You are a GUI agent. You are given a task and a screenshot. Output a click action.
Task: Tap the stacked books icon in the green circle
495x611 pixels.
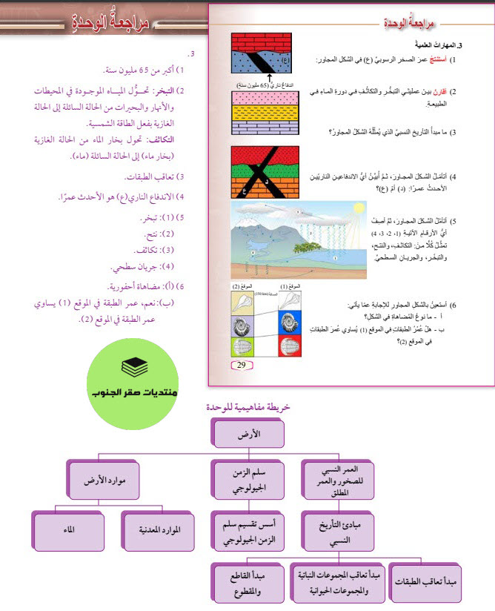[134, 366]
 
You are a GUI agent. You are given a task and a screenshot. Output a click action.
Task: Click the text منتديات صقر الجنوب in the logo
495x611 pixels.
[133, 392]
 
